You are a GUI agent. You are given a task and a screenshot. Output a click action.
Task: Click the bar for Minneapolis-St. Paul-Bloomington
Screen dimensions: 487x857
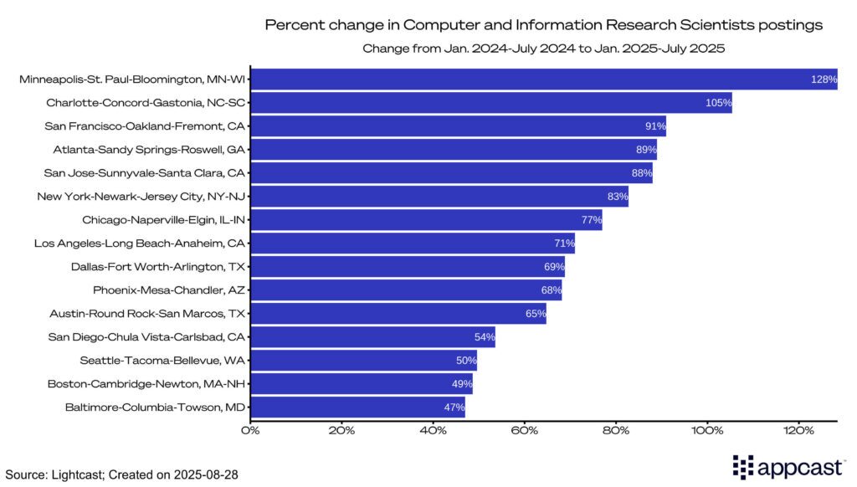pos(544,79)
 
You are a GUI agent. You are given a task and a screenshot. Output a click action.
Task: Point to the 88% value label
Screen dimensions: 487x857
pos(641,173)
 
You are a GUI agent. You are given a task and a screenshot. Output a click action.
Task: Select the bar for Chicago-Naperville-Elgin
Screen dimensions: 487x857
pos(426,220)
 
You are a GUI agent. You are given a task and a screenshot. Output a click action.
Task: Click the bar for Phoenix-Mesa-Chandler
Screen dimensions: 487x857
pos(406,290)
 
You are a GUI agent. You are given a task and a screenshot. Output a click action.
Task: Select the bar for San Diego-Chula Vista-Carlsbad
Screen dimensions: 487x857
pos(373,337)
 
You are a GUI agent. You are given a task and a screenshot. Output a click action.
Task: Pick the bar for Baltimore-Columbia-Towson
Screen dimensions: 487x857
pos(357,408)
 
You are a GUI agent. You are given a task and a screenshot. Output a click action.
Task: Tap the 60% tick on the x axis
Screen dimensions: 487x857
pos(525,431)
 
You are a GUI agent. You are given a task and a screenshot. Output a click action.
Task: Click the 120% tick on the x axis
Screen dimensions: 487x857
pos(798,431)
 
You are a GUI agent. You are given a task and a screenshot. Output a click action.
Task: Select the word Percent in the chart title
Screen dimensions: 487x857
pos(289,25)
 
